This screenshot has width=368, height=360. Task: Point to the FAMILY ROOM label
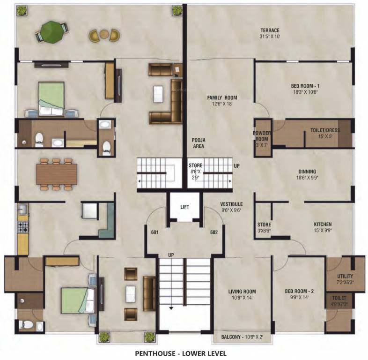pyautogui.click(x=222, y=97)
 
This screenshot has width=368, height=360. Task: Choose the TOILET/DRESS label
pyautogui.click(x=325, y=130)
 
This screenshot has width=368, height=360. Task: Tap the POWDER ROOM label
pyautogui.click(x=262, y=135)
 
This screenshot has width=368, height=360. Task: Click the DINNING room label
pyautogui.click(x=307, y=172)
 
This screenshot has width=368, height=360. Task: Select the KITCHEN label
pyautogui.click(x=323, y=225)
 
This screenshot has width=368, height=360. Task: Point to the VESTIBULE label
pyautogui.click(x=231, y=204)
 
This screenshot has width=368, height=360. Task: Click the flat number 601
pyautogui.click(x=155, y=232)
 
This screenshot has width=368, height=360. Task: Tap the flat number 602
pyautogui.click(x=215, y=232)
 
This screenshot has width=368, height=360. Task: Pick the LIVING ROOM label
pyautogui.click(x=242, y=291)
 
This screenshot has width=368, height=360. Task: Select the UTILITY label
pyautogui.click(x=345, y=277)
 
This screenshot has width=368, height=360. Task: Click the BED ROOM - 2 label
pyautogui.click(x=299, y=291)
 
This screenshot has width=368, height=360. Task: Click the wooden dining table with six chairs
pyautogui.click(x=57, y=174)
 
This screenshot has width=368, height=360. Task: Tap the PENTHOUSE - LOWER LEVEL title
pyautogui.click(x=181, y=352)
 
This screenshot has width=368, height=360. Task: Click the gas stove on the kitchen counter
pyautogui.click(x=22, y=227)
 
